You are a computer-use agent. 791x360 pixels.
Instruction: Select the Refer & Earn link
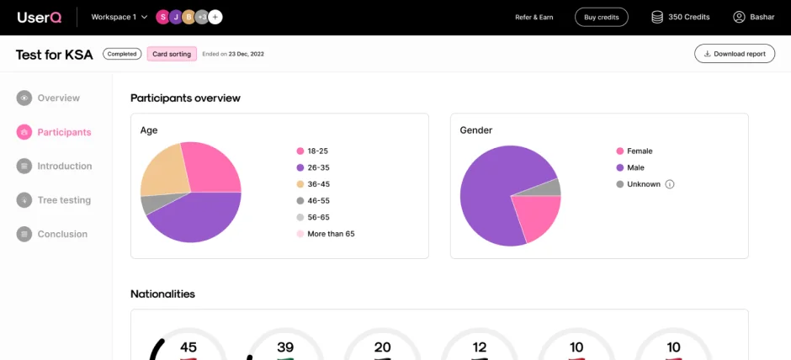click(x=534, y=17)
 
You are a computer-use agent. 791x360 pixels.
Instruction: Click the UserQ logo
click(x=39, y=17)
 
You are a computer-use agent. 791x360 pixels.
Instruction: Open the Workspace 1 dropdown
click(x=119, y=17)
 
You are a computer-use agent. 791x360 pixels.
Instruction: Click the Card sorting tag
click(x=172, y=54)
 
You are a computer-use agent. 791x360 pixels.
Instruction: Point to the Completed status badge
click(x=122, y=54)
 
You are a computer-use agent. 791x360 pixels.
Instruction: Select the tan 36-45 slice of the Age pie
click(x=162, y=171)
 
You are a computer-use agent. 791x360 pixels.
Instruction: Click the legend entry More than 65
click(x=330, y=234)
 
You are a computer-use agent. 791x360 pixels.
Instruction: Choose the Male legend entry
click(x=634, y=167)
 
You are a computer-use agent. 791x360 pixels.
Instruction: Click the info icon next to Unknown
click(x=670, y=184)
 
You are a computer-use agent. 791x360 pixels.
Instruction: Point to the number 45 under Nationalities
click(x=188, y=347)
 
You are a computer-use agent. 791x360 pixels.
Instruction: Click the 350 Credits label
click(x=688, y=17)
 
